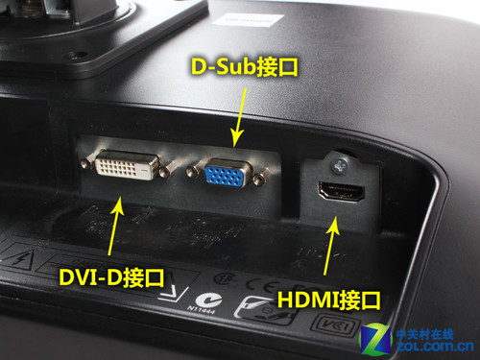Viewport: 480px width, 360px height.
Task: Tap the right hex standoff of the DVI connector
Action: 166,174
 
